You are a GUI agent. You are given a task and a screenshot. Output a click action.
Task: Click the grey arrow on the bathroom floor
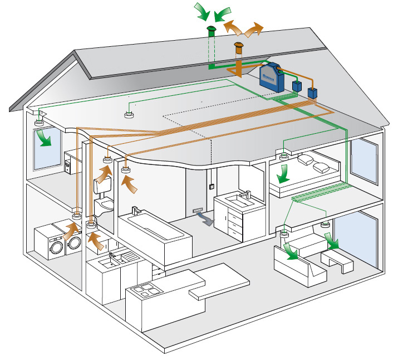(206, 220)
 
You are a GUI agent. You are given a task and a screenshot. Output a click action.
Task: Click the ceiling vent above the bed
(284, 154)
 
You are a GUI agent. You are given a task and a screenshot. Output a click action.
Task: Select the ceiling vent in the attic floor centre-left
(129, 116)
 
